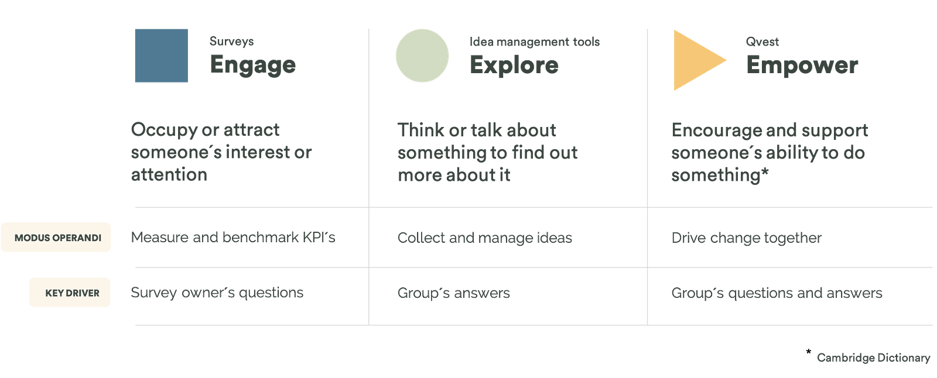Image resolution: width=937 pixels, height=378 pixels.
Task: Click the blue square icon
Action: coord(162,55)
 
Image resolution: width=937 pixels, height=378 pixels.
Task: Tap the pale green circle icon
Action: coord(422,56)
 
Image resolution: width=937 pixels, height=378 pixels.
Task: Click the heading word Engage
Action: coord(252,64)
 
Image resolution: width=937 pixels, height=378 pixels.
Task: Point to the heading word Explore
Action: coord(514,64)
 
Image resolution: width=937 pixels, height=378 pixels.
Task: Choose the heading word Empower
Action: coord(802,64)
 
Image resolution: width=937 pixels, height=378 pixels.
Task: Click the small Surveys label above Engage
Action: coord(232,42)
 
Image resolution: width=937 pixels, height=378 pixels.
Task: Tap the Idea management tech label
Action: coord(534,42)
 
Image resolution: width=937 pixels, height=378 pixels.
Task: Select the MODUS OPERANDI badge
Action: coord(57,238)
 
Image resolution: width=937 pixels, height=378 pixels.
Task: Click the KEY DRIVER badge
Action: coord(71,293)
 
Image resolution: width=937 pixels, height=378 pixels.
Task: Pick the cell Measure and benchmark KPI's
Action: coord(232,237)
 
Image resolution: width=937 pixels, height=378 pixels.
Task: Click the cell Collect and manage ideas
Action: coord(484,238)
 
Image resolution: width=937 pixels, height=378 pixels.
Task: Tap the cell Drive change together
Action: coord(747,238)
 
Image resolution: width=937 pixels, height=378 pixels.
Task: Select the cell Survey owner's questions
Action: coord(217,292)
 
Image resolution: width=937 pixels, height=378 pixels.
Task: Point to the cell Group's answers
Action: coord(453,292)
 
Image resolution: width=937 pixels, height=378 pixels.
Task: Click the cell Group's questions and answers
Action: coord(777,292)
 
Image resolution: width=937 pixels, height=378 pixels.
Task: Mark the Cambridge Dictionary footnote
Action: coord(873,357)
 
